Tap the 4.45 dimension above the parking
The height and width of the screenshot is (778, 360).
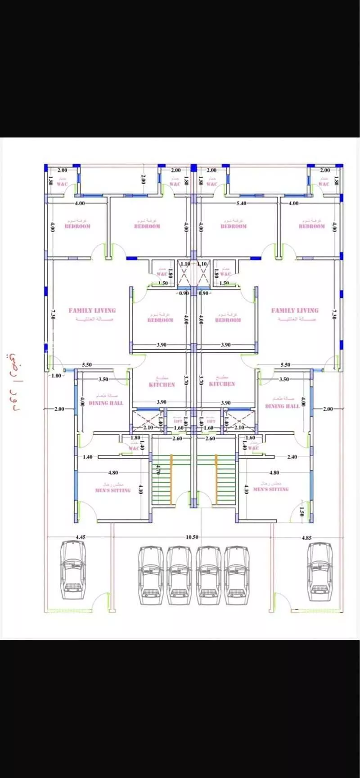[x=81, y=537]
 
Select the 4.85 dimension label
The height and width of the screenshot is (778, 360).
[x=306, y=537]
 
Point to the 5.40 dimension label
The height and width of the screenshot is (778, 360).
[x=241, y=203]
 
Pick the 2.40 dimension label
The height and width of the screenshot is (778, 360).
[x=292, y=457]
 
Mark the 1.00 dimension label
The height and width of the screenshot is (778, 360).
[x=56, y=376]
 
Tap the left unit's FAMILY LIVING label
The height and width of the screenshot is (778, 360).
[x=92, y=310]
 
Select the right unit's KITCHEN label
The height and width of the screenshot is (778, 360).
[x=222, y=384]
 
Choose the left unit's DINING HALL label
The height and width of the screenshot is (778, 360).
[x=106, y=403]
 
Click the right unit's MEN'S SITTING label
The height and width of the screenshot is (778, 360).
[x=271, y=489]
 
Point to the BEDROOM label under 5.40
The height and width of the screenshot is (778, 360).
[x=234, y=226]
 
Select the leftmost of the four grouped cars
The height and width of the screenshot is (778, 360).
[x=151, y=576]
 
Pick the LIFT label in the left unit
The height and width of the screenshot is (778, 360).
[x=178, y=421]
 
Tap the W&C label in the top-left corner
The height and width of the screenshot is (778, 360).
[x=62, y=184]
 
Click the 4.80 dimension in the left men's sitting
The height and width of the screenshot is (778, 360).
[x=113, y=473]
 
